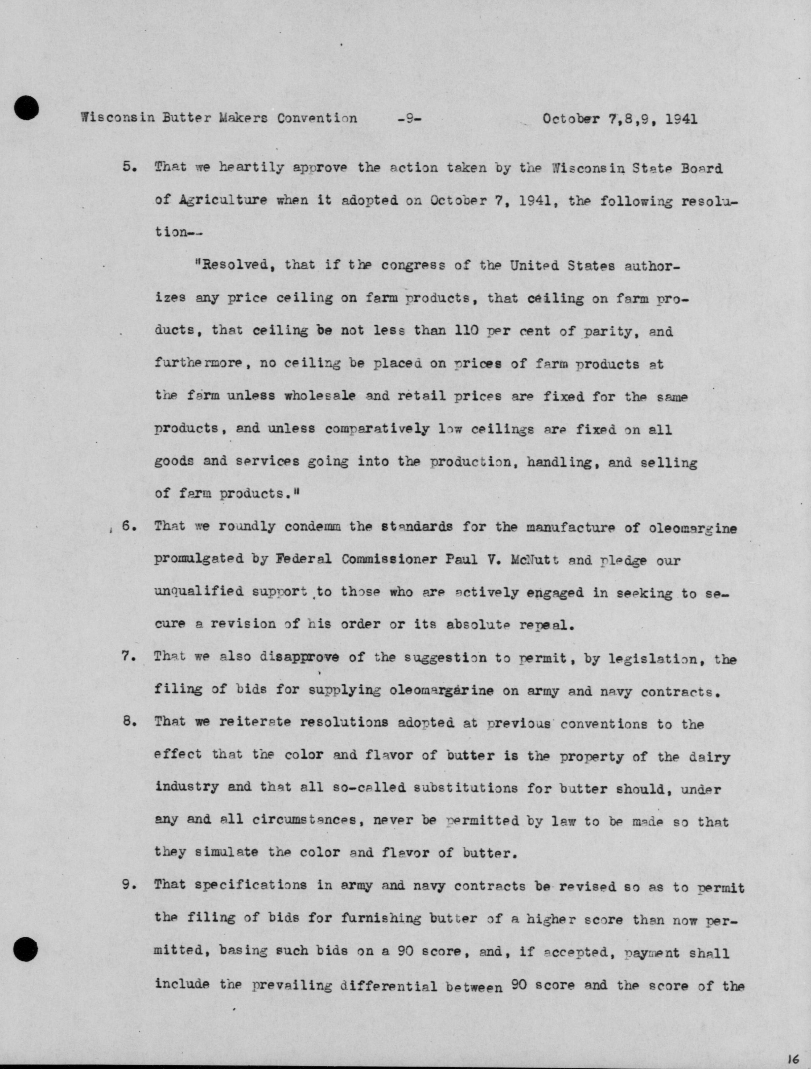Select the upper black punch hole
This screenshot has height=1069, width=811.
[x=26, y=107]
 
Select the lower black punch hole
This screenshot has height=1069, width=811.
[x=26, y=949]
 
